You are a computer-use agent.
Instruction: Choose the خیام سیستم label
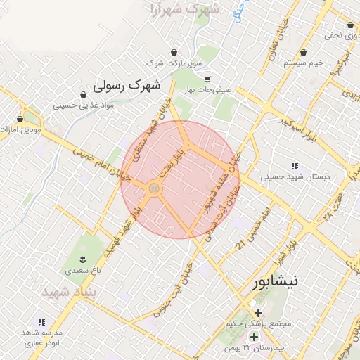pyautogui.click(x=304, y=63)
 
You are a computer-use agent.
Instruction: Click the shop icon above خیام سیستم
pyautogui.click(x=303, y=51)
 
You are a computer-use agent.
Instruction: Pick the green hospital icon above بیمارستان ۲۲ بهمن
pyautogui.click(x=255, y=337)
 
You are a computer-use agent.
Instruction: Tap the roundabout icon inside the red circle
pyautogui.click(x=154, y=188)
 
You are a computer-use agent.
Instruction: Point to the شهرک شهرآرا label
pyautogui.click(x=185, y=11)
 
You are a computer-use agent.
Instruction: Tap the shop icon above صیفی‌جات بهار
pyautogui.click(x=206, y=79)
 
